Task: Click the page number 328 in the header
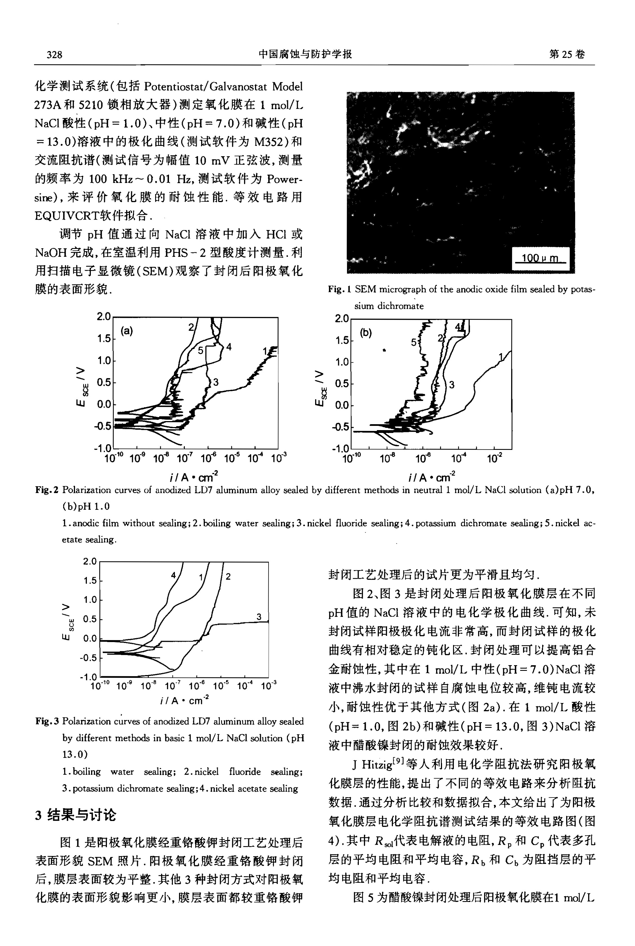(x=54, y=54)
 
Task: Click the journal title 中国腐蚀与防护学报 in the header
(x=305, y=54)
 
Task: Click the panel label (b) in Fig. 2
(x=366, y=333)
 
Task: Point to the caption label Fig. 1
(x=339, y=289)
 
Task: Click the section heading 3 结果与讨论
(x=75, y=814)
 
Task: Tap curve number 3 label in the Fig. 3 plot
(x=259, y=617)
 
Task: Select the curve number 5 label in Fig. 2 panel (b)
(x=414, y=342)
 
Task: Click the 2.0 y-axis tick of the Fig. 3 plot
(x=90, y=562)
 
